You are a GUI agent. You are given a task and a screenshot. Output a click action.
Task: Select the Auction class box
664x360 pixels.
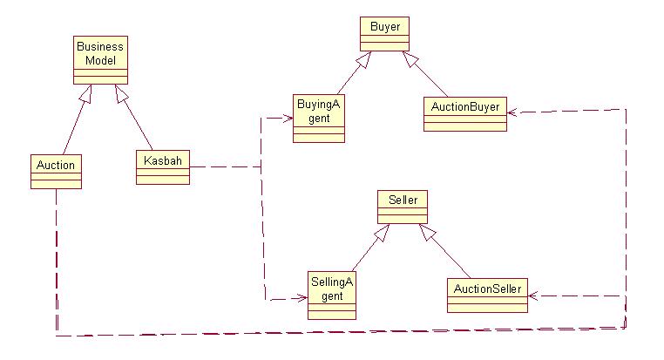tap(55, 171)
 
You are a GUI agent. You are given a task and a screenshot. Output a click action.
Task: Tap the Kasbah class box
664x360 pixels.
tap(162, 166)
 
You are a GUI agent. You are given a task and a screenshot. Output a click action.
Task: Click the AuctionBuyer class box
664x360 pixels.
tap(464, 114)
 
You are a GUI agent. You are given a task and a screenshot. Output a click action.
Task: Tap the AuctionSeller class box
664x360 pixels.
tap(488, 295)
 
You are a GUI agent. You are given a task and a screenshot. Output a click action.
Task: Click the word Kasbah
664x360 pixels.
tap(162, 160)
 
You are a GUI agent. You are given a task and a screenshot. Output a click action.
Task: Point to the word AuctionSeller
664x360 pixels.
tap(488, 289)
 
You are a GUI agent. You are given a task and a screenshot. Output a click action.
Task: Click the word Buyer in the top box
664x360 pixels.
tap(385, 27)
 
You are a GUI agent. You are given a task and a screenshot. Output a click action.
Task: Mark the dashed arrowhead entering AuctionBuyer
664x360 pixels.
tap(513, 111)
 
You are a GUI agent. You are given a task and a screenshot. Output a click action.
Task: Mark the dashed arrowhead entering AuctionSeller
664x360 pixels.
tap(535, 296)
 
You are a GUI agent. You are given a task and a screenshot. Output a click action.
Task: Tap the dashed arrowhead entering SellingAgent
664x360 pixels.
tap(302, 298)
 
